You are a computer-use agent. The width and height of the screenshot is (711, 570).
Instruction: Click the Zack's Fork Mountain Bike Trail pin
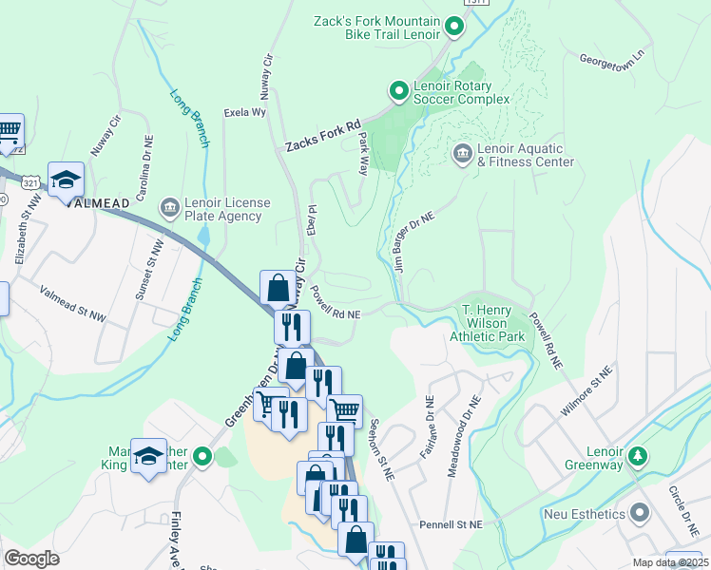point(454,28)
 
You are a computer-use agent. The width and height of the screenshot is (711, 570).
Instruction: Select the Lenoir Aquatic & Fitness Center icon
point(463,153)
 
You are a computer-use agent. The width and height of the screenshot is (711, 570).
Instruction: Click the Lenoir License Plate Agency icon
point(169,206)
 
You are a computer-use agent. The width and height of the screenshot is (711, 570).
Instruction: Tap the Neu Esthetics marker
point(639,514)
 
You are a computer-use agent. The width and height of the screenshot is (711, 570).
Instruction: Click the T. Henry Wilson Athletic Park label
point(493,323)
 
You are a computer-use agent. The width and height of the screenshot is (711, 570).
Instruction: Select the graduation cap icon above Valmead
point(67,180)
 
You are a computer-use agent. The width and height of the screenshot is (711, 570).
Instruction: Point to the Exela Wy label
point(244,112)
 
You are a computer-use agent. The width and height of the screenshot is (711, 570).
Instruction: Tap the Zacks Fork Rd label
point(323,138)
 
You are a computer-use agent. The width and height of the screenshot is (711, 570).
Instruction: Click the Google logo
point(32,559)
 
